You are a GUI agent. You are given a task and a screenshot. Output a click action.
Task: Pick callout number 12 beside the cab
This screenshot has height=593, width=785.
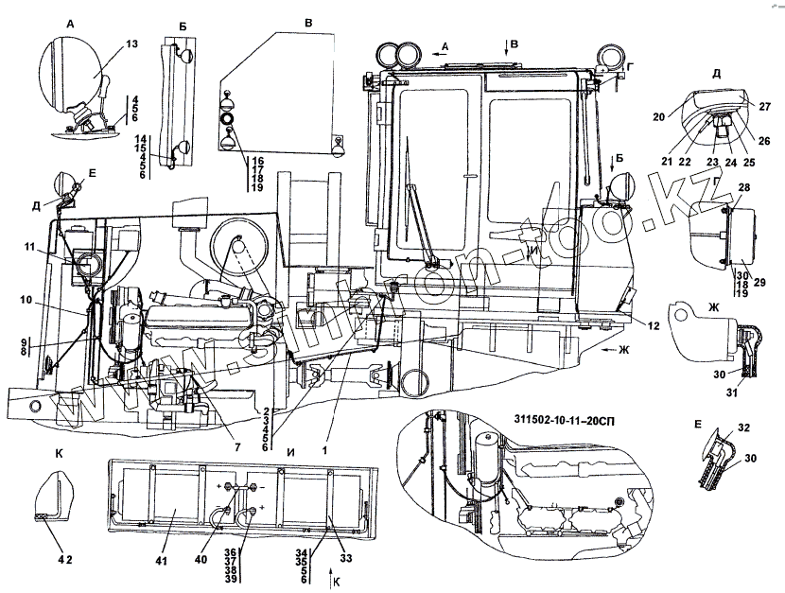click(x=653, y=326)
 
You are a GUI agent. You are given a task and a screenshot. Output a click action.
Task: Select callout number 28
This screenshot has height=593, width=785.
click(x=745, y=189)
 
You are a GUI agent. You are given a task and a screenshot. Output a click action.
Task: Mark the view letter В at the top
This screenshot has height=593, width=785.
click(x=306, y=19)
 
